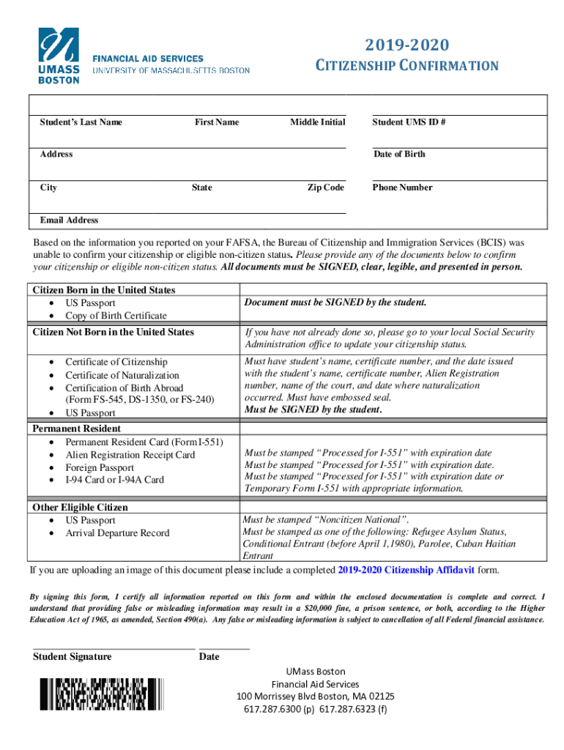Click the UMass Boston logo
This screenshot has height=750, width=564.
[59, 55]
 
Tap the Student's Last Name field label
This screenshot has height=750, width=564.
[81, 122]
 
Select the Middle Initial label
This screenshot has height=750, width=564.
[317, 122]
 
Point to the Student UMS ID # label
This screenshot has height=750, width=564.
[409, 122]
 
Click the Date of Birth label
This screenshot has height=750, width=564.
[399, 154]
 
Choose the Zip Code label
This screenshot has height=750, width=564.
[325, 187]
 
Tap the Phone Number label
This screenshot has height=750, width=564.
[402, 187]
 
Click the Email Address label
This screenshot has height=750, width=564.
[69, 220]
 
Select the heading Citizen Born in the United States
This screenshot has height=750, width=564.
[104, 290]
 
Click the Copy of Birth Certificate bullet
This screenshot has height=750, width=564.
[116, 316]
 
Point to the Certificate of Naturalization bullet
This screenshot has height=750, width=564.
[122, 375]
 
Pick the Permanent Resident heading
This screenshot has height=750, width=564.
[77, 428]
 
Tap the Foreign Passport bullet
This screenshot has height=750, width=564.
[100, 467]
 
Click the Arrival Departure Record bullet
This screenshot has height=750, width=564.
[117, 533]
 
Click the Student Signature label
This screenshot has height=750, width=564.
[73, 656]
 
